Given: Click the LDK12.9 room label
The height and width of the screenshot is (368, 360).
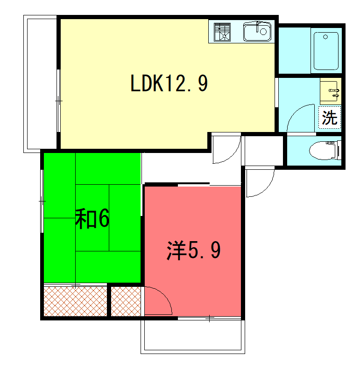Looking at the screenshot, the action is click(169, 83).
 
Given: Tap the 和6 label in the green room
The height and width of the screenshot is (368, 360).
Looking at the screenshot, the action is click(92, 219).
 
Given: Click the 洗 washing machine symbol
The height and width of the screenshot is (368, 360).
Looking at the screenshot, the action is click(330, 118).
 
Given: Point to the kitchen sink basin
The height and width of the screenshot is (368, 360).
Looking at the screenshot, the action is click(257, 32).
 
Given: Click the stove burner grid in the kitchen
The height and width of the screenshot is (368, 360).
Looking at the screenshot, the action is click(222, 32).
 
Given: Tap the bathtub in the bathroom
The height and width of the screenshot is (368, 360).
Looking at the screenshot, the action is click(326, 51).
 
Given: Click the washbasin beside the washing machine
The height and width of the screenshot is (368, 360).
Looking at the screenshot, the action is click(331, 91).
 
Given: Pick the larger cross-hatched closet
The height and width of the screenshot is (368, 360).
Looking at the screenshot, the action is click(76, 301).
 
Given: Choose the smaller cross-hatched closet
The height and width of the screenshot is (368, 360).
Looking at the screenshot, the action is click(126, 301).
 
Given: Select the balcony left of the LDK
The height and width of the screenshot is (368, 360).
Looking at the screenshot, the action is click(40, 84).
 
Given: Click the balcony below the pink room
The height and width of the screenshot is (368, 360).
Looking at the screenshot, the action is click(193, 337).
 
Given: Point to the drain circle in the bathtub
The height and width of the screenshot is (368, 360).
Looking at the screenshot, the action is click(325, 37).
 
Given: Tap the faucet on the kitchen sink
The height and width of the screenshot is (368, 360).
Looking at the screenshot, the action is click(258, 26).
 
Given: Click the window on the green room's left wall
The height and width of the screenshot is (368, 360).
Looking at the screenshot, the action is click(42, 201).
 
